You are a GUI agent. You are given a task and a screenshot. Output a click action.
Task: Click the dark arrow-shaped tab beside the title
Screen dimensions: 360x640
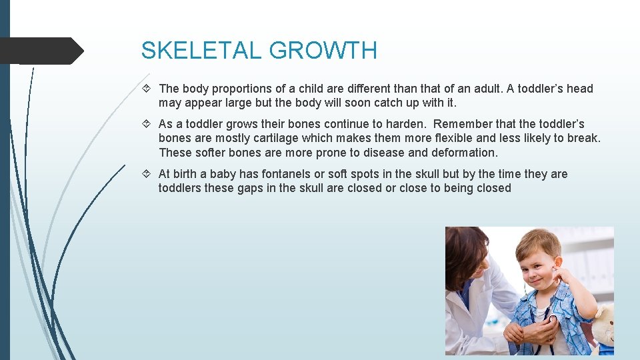click(x=40, y=51)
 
